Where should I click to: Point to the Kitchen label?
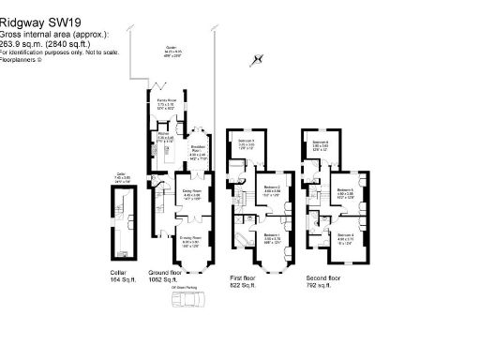pos(161,137)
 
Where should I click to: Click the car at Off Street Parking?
pos(191,301)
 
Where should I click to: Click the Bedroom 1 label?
pos(273,235)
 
